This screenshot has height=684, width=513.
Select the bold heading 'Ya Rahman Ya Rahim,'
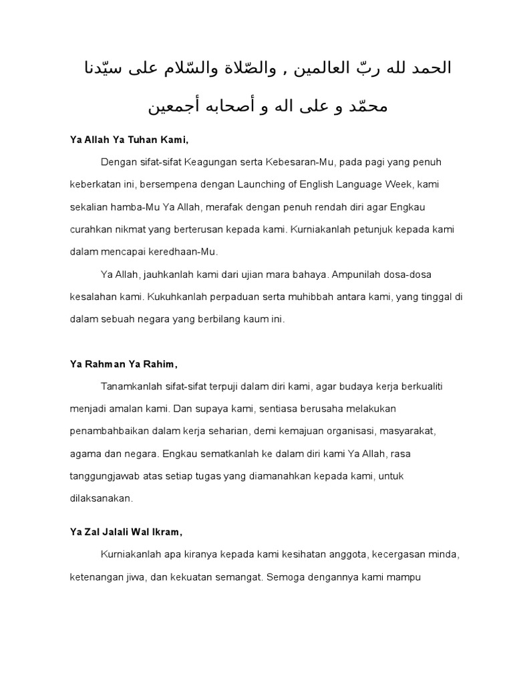coord(124,363)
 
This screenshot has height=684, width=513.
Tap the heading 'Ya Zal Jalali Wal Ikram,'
coord(126,532)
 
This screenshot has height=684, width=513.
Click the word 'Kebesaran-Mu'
coord(300,162)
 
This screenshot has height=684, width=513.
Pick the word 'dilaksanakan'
coord(102,498)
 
